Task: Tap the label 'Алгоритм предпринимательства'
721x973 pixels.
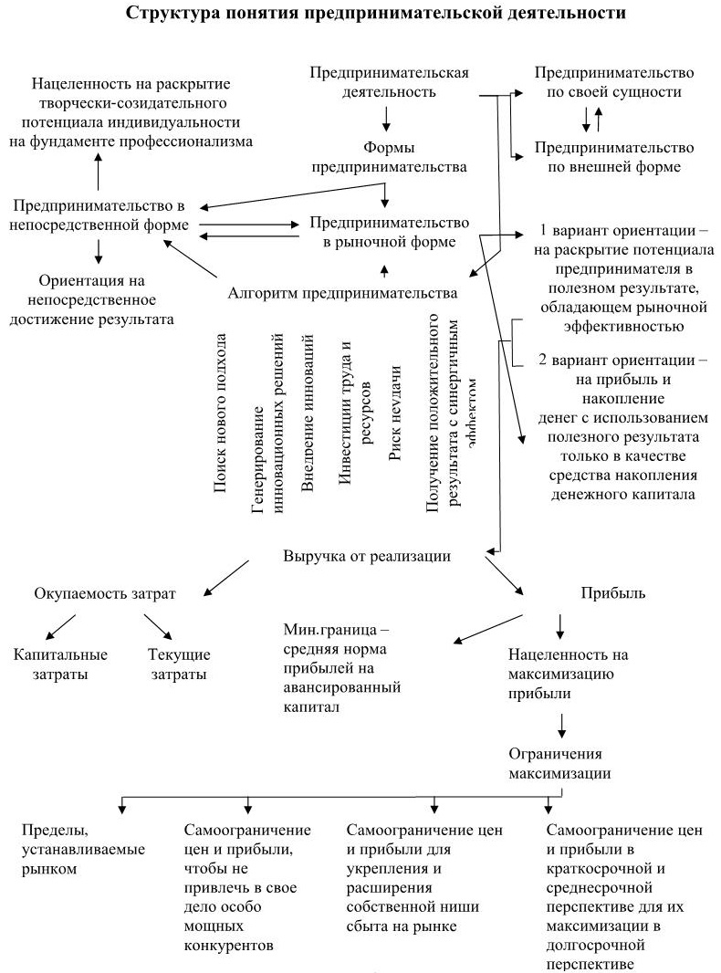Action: pyautogui.click(x=342, y=293)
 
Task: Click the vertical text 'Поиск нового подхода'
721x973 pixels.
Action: pyautogui.click(x=220, y=413)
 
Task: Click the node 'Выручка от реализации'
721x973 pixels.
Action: pyautogui.click(x=367, y=556)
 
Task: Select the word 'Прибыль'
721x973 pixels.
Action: pyautogui.click(x=613, y=593)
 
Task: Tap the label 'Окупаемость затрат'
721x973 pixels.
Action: pyautogui.click(x=105, y=593)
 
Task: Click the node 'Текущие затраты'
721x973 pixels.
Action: pyautogui.click(x=179, y=664)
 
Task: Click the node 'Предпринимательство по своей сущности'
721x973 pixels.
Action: pyautogui.click(x=614, y=83)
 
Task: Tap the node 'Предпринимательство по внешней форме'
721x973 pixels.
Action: pyautogui.click(x=614, y=157)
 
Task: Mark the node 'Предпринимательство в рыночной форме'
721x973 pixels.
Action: pyautogui.click(x=390, y=232)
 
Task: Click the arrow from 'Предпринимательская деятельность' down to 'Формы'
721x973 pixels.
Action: pyautogui.click(x=387, y=119)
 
